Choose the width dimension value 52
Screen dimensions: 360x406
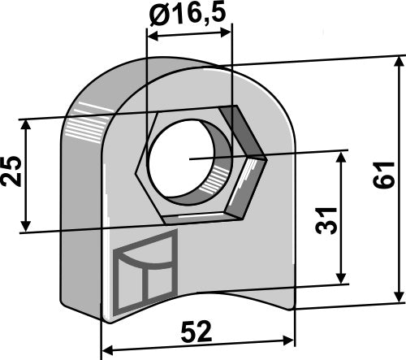pos(197,331)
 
